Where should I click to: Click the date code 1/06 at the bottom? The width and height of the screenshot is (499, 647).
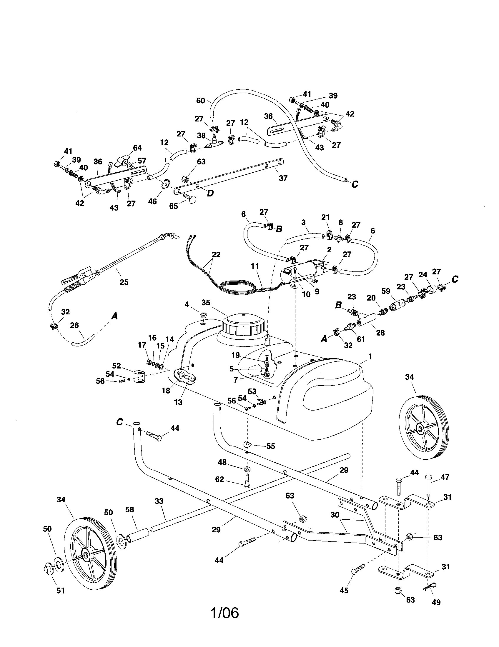224,613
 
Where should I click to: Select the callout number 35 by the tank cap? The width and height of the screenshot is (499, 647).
206,302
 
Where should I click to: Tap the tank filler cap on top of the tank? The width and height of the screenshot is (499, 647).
243,325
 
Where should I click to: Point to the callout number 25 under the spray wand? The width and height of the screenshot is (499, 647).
124,282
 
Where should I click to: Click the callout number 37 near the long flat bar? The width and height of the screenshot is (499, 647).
283,178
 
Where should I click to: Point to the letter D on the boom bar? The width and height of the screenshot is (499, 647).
210,193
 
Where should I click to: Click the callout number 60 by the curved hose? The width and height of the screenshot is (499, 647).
201,101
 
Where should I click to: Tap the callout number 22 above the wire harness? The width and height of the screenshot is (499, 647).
216,255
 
